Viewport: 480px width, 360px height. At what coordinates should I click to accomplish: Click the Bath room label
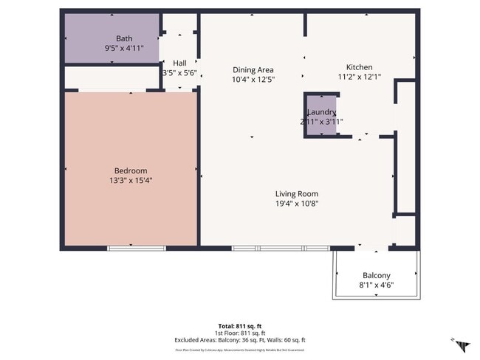pyautogui.click(x=124, y=38)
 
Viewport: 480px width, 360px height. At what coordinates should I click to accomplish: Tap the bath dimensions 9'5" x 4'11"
pyautogui.click(x=124, y=48)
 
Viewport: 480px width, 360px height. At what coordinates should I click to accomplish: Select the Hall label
pyautogui.click(x=179, y=63)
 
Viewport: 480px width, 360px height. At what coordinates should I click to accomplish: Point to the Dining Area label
pyautogui.click(x=253, y=69)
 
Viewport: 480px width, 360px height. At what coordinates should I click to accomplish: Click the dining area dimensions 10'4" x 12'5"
pyautogui.click(x=253, y=79)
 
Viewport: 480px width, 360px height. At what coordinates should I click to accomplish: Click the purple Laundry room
pyautogui.click(x=321, y=116)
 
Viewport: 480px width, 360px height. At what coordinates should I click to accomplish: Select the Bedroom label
pyautogui.click(x=131, y=170)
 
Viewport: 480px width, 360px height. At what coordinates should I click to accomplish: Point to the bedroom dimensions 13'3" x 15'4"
pyautogui.click(x=131, y=180)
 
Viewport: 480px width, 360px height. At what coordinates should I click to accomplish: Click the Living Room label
pyautogui.click(x=297, y=193)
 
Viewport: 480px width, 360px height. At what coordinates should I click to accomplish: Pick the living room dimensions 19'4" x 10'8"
pyautogui.click(x=297, y=203)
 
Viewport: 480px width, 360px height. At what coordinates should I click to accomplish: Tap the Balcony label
pyautogui.click(x=376, y=275)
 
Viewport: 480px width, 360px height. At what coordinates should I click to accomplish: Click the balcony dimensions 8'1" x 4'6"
pyautogui.click(x=376, y=285)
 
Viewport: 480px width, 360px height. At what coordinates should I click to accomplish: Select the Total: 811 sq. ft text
pyautogui.click(x=239, y=325)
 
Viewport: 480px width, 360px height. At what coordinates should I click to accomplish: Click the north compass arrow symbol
pyautogui.click(x=462, y=345)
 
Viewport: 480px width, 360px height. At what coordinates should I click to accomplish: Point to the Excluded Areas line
pyautogui.click(x=239, y=340)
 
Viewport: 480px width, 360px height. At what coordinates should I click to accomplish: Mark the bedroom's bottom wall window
pyautogui.click(x=131, y=248)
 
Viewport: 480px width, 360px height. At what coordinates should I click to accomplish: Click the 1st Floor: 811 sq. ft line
pyautogui.click(x=239, y=333)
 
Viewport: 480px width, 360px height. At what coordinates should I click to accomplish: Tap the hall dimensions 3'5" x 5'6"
pyautogui.click(x=179, y=73)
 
